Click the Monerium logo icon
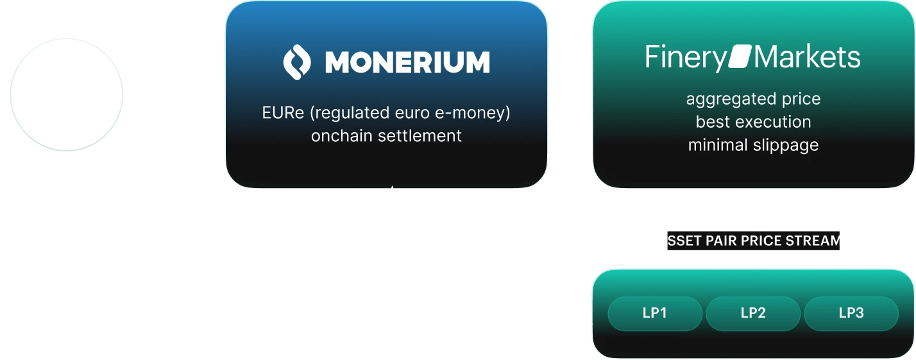(x=297, y=62)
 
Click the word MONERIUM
(x=407, y=62)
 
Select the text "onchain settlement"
(x=386, y=136)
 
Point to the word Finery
(x=685, y=58)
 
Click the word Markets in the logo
(x=806, y=58)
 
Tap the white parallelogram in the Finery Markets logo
(x=740, y=58)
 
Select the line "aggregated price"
(x=753, y=99)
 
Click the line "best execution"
(x=753, y=122)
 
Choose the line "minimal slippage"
(x=753, y=145)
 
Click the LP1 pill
(x=655, y=313)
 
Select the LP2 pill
(x=753, y=313)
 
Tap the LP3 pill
(x=851, y=313)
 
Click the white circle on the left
(x=67, y=94)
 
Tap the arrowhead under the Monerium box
(x=395, y=193)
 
